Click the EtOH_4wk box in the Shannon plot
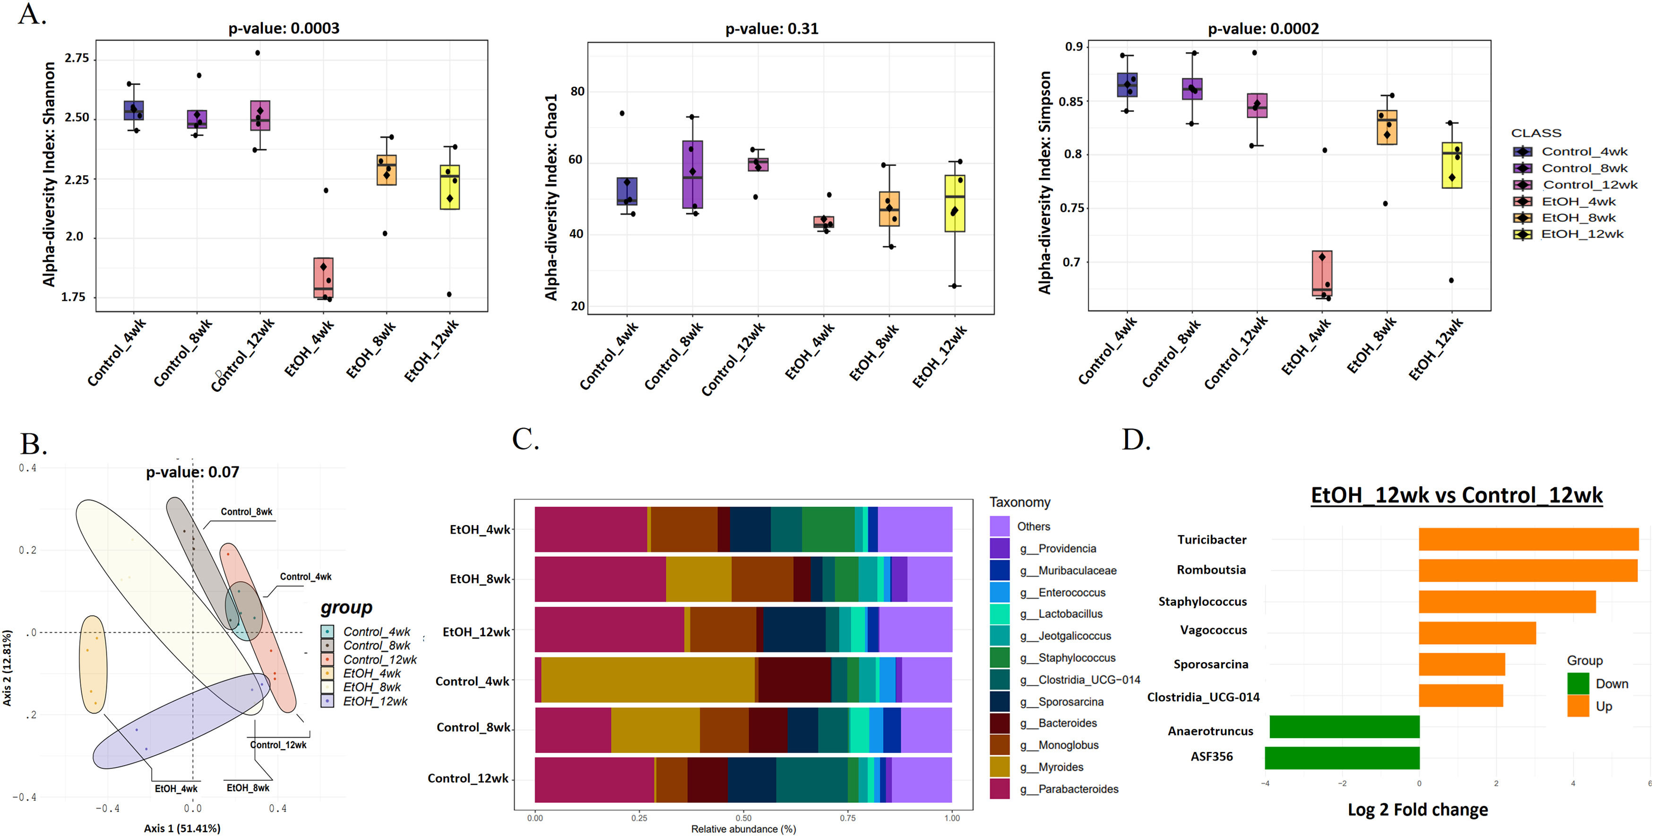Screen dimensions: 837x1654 pos(323,277)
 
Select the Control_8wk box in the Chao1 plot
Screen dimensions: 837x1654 pos(693,174)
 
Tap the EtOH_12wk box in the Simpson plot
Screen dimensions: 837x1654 pos(1452,165)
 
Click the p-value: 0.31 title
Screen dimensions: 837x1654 pos(771,29)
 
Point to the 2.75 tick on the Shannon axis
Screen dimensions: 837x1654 pos(77,58)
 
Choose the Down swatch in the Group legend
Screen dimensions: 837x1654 pos(1577,683)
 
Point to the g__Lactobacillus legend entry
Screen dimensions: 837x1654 pos(1070,614)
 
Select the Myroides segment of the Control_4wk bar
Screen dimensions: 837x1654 pos(647,680)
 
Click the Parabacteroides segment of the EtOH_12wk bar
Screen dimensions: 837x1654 pos(609,630)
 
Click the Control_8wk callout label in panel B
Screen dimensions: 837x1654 pos(247,512)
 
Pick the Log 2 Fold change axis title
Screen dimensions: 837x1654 pos(1418,810)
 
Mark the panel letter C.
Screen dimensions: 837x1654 pos(525,440)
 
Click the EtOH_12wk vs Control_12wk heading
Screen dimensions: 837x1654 pos(1456,495)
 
